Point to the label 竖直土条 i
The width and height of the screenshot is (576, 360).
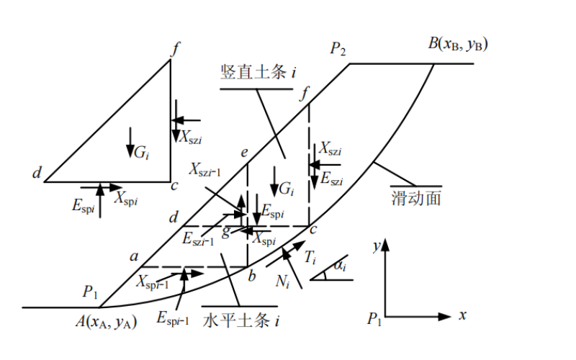[260, 71]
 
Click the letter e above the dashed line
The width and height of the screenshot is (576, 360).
[245, 152]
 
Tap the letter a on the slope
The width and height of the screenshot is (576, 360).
[133, 255]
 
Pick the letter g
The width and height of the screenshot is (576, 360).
[226, 231]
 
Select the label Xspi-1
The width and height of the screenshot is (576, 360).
[153, 282]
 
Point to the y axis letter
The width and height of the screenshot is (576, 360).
[376, 245]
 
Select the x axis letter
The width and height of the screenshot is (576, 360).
[463, 315]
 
